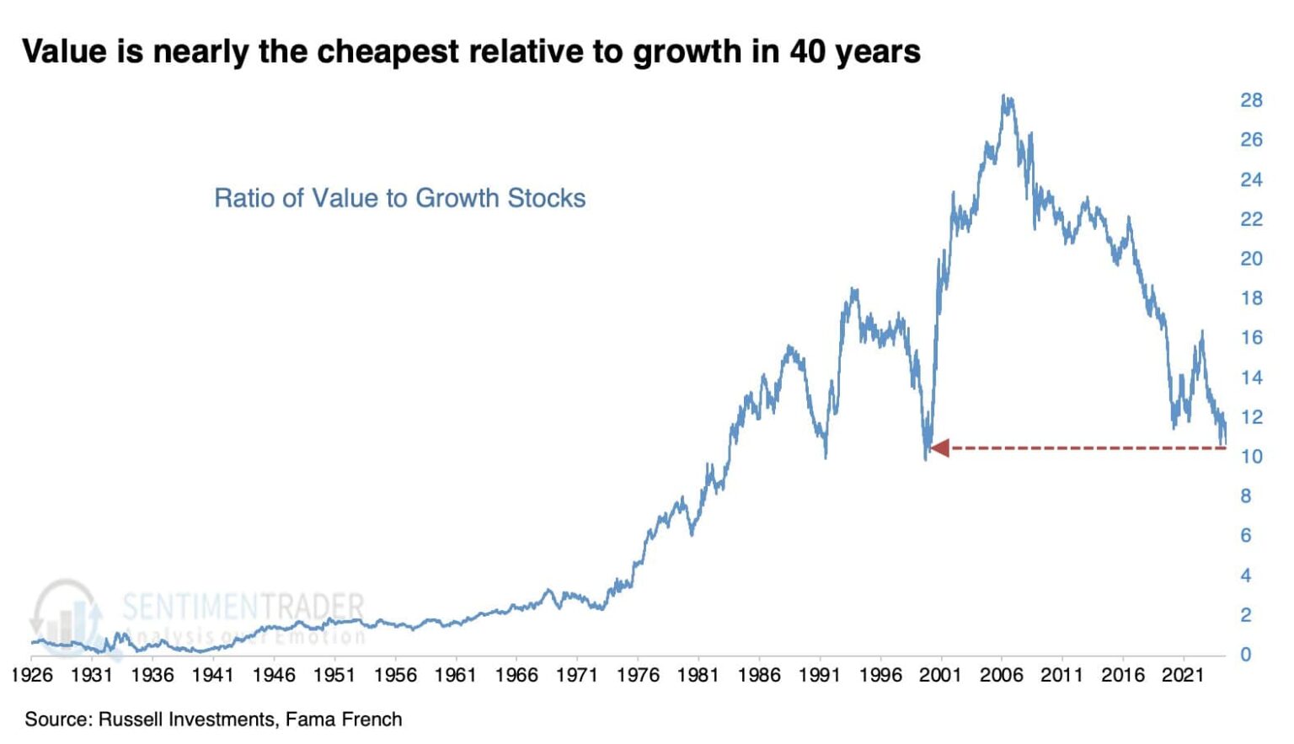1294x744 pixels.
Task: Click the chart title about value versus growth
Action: point(471,51)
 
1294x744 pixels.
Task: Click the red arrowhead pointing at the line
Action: point(939,448)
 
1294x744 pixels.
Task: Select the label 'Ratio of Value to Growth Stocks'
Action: point(399,198)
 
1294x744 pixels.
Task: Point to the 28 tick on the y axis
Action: point(1250,100)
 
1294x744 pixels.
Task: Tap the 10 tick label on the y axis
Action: point(1250,457)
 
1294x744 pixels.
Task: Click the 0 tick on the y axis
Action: point(1245,655)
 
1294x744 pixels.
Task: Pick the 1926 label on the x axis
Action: point(31,675)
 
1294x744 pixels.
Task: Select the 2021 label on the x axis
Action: point(1183,675)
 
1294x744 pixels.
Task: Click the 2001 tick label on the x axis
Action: point(940,675)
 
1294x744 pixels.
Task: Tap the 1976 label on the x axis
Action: point(638,675)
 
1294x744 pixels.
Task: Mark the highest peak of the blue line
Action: point(1004,97)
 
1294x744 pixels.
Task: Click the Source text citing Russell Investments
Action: point(213,720)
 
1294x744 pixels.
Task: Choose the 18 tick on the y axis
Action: point(1250,298)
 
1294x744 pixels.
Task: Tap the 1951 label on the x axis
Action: point(334,675)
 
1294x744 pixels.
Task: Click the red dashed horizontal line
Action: point(1087,448)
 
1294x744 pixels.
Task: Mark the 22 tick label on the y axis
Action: point(1250,219)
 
